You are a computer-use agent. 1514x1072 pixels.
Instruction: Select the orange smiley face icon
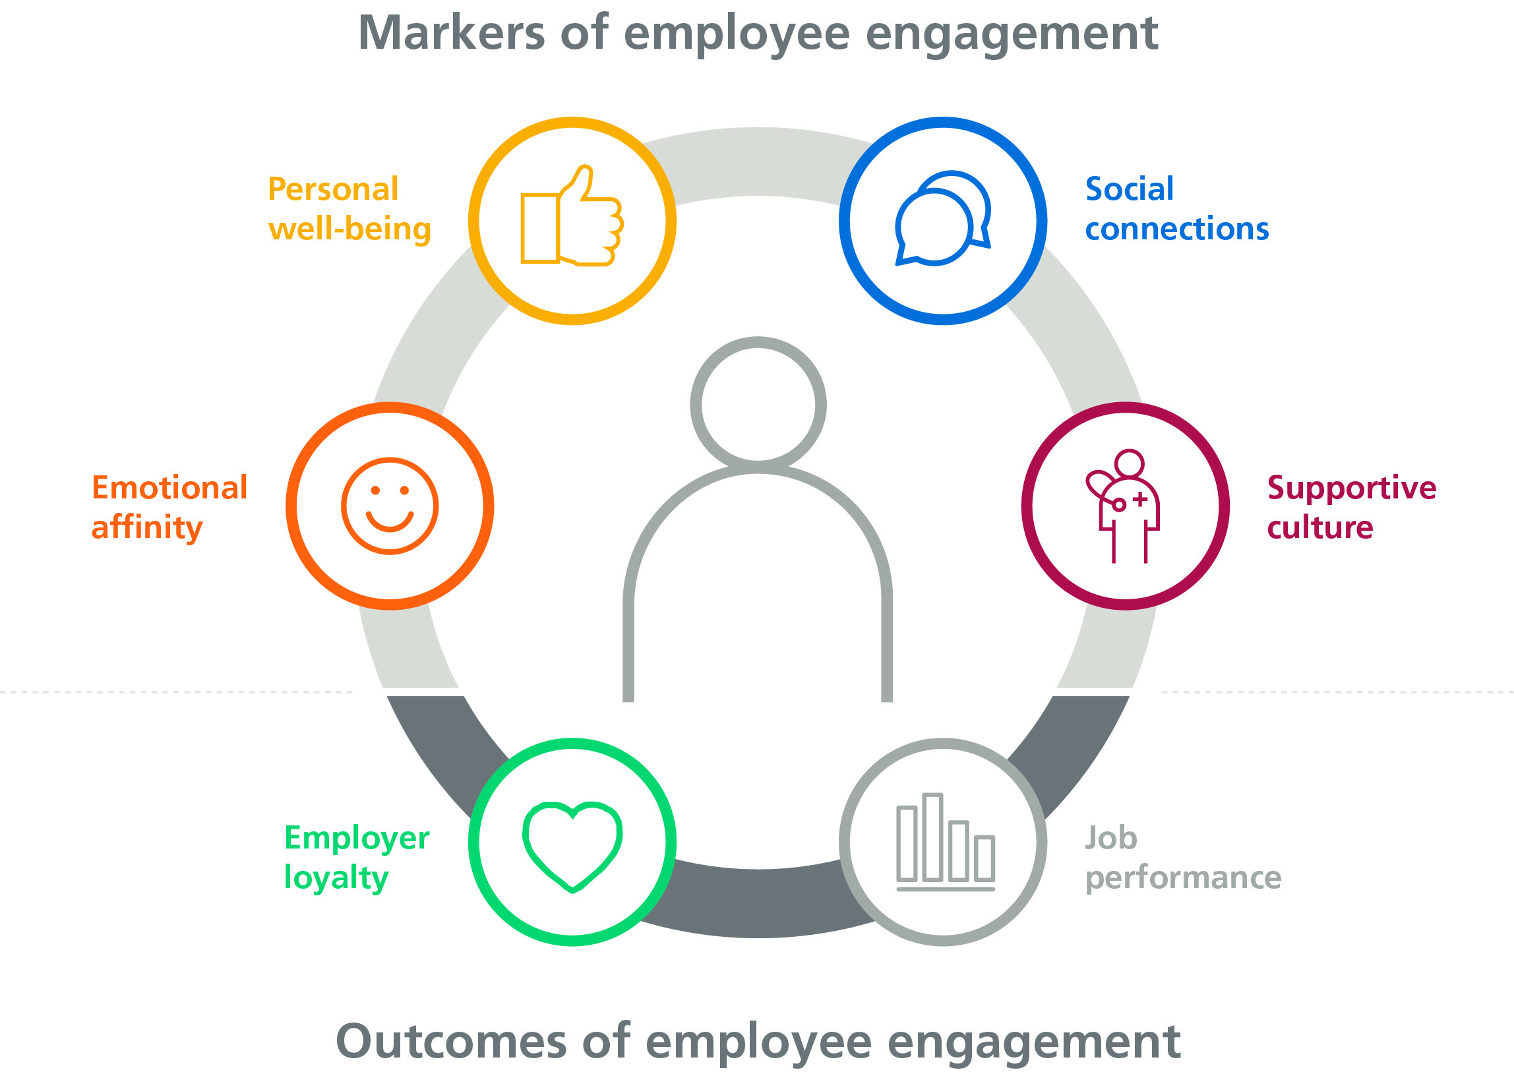coord(390,506)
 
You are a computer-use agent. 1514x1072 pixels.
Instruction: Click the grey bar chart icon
coord(945,842)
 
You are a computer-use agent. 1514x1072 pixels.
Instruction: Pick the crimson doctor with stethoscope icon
coord(1125,506)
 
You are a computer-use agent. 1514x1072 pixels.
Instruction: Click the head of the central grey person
coord(758,404)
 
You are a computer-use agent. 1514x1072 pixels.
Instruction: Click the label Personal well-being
coord(349,209)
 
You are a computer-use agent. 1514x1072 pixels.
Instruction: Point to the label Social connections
coord(1176,209)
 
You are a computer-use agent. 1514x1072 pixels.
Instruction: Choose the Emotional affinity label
coord(169,508)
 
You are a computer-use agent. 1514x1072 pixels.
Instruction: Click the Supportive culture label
coord(1351,508)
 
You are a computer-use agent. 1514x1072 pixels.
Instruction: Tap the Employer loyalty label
coord(357,858)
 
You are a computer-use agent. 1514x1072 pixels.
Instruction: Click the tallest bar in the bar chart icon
coord(932,837)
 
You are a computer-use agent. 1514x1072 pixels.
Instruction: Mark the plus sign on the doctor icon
coord(1139,500)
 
